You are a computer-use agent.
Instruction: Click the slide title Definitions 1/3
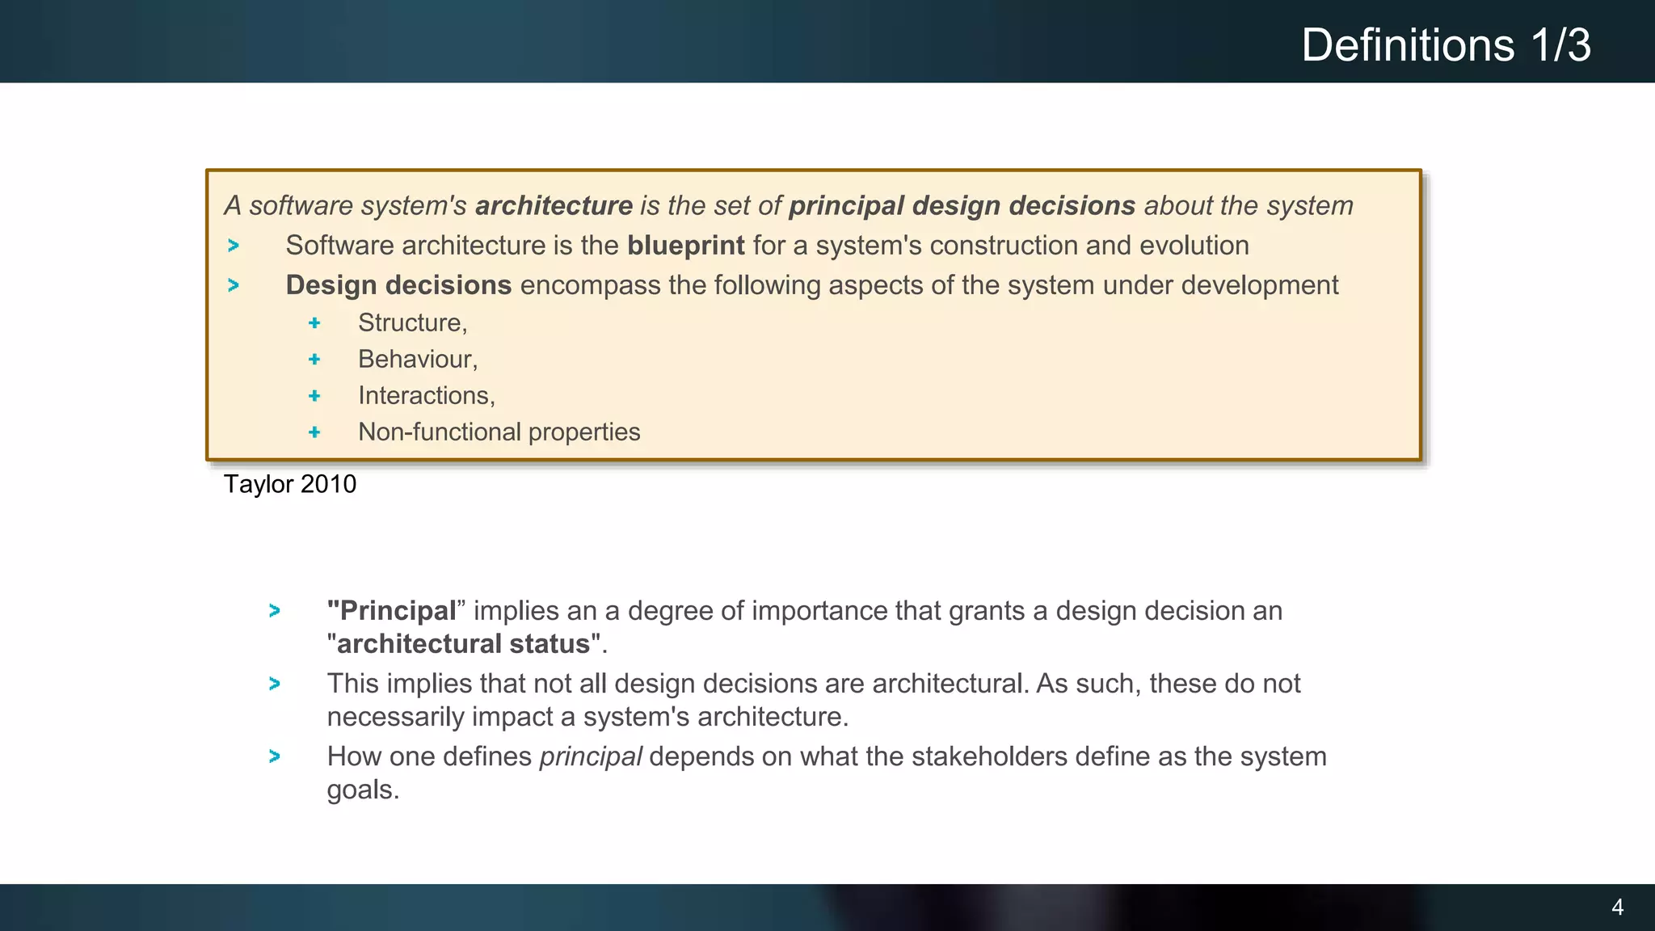(1445, 44)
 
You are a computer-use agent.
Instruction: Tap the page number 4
(1617, 907)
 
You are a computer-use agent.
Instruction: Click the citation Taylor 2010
(289, 484)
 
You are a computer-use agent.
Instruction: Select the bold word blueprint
(685, 246)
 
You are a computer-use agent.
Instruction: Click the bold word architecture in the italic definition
(554, 206)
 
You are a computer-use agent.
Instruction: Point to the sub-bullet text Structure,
(412, 322)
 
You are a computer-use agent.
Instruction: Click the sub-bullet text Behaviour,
(418, 359)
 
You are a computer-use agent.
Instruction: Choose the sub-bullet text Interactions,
(426, 395)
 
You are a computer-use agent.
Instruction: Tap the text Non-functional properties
(499, 432)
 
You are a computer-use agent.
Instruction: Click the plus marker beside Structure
(314, 323)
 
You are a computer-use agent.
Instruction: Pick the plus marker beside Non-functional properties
(314, 432)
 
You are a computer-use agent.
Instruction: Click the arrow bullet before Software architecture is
(234, 246)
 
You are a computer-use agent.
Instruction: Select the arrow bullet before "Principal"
(275, 611)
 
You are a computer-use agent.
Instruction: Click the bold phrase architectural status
(463, 644)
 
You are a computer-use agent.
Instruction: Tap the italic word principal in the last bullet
(590, 756)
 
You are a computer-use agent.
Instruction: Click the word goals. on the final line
(363, 790)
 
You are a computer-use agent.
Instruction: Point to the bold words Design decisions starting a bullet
(398, 285)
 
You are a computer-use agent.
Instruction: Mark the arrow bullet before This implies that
(275, 684)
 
